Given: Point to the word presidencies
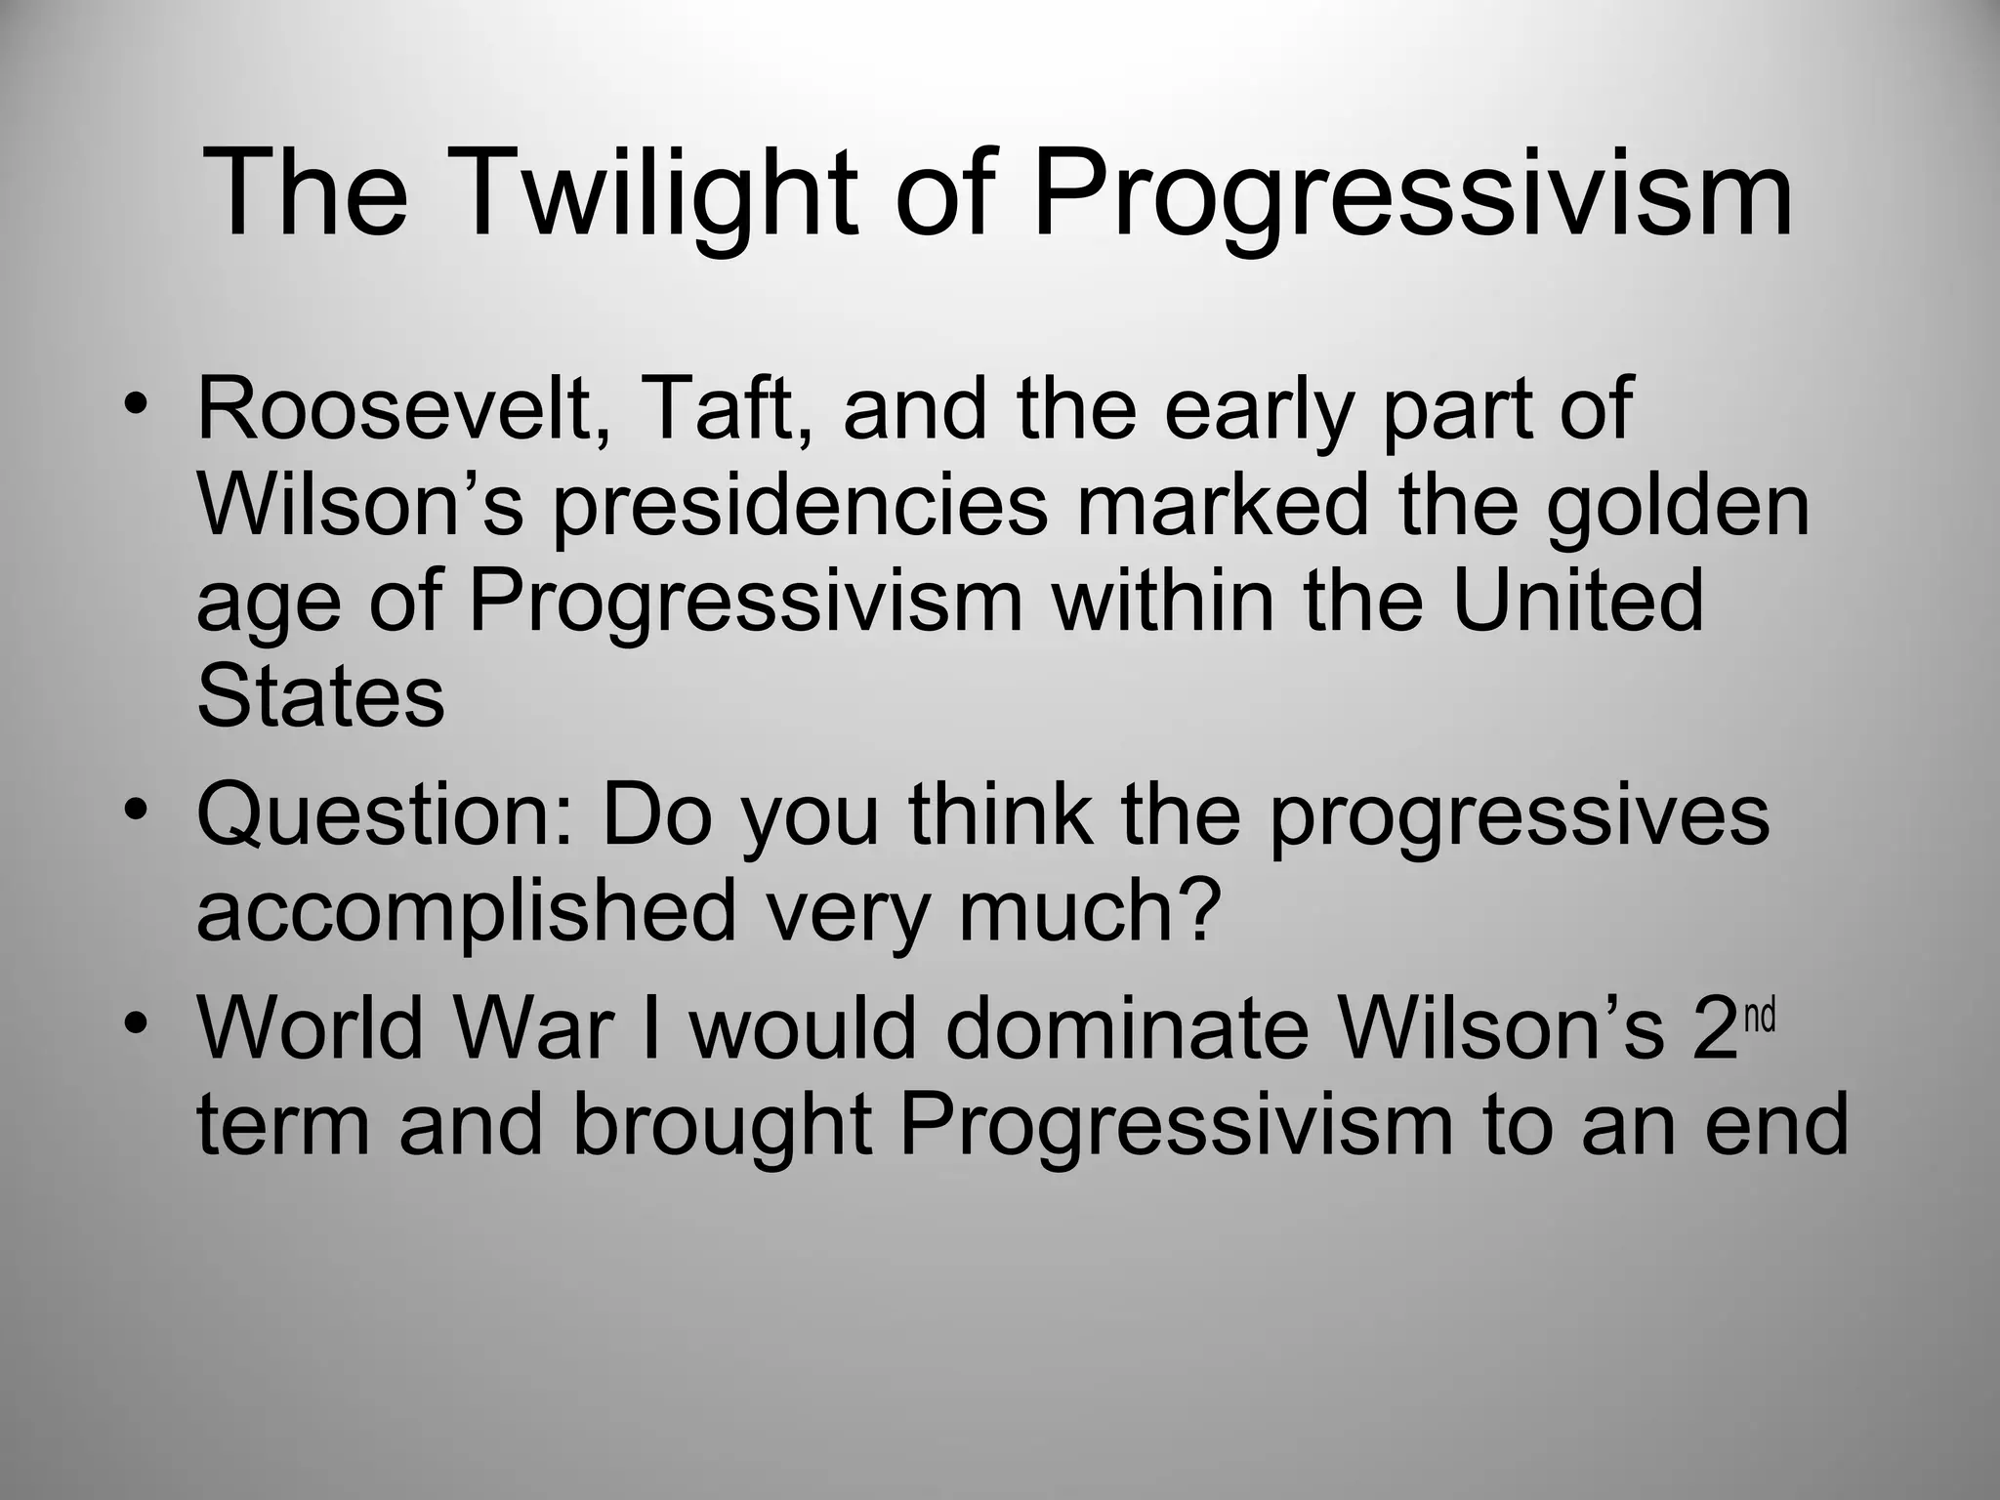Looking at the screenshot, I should pos(801,508).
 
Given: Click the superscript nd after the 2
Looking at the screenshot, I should pos(1759,1017).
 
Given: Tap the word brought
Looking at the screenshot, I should pos(721,1125).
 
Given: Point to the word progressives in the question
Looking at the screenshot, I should pos(1519,816).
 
